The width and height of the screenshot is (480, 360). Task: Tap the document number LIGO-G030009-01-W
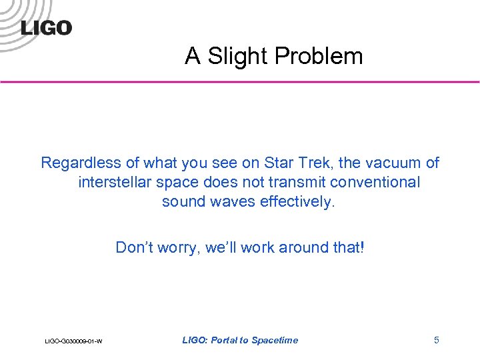(x=73, y=341)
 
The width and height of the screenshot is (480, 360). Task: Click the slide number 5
(x=437, y=340)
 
